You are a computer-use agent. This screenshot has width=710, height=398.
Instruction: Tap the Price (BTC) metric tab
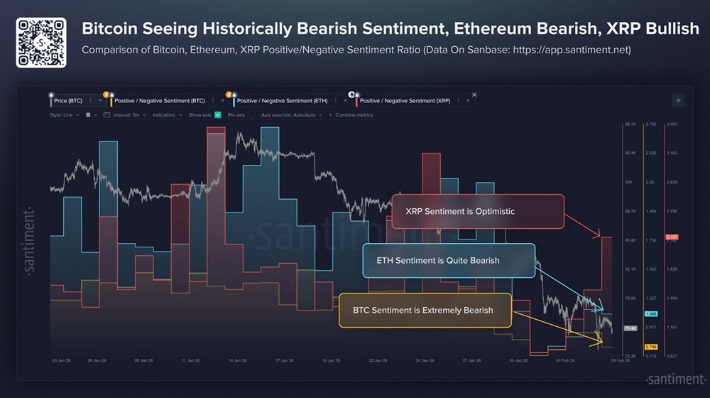click(68, 101)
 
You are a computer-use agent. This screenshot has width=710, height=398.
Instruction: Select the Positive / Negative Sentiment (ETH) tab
click(282, 101)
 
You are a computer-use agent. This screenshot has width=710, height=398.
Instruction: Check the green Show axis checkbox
click(218, 114)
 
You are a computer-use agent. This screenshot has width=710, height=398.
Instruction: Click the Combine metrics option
click(354, 114)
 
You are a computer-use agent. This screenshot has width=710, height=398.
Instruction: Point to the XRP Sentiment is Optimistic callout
click(477, 211)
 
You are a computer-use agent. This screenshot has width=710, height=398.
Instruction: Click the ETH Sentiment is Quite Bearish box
click(448, 261)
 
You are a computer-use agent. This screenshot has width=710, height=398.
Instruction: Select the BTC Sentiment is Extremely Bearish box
click(424, 310)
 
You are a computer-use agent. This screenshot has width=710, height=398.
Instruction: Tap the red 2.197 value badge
click(672, 237)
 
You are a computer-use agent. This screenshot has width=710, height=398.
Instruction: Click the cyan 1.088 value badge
click(650, 313)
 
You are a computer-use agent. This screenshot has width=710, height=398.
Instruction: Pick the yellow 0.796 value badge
click(650, 347)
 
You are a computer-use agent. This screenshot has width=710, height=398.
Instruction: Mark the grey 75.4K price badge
click(630, 328)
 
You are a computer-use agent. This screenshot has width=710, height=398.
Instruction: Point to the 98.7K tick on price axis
click(630, 124)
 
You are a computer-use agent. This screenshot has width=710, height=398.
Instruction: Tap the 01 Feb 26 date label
click(565, 360)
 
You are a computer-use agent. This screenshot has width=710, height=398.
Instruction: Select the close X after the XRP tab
click(474, 95)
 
